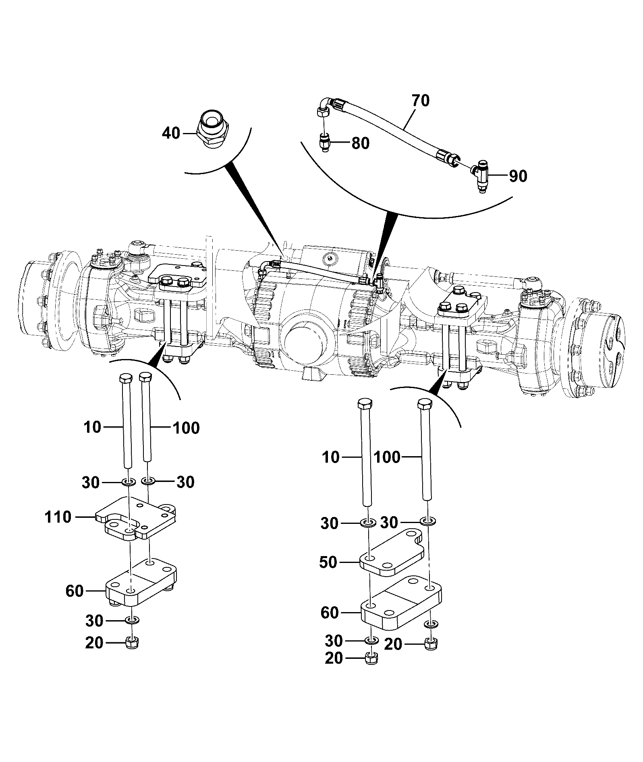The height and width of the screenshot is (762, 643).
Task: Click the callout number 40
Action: pyautogui.click(x=171, y=133)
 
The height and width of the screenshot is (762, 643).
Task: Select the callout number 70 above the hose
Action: pyautogui.click(x=420, y=100)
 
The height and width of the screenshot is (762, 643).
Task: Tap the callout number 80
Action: pyautogui.click(x=361, y=143)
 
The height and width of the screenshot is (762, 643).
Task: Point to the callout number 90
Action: pyautogui.click(x=518, y=176)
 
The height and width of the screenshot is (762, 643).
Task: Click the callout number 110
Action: pyautogui.click(x=58, y=517)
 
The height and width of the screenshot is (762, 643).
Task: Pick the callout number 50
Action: pyautogui.click(x=328, y=562)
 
